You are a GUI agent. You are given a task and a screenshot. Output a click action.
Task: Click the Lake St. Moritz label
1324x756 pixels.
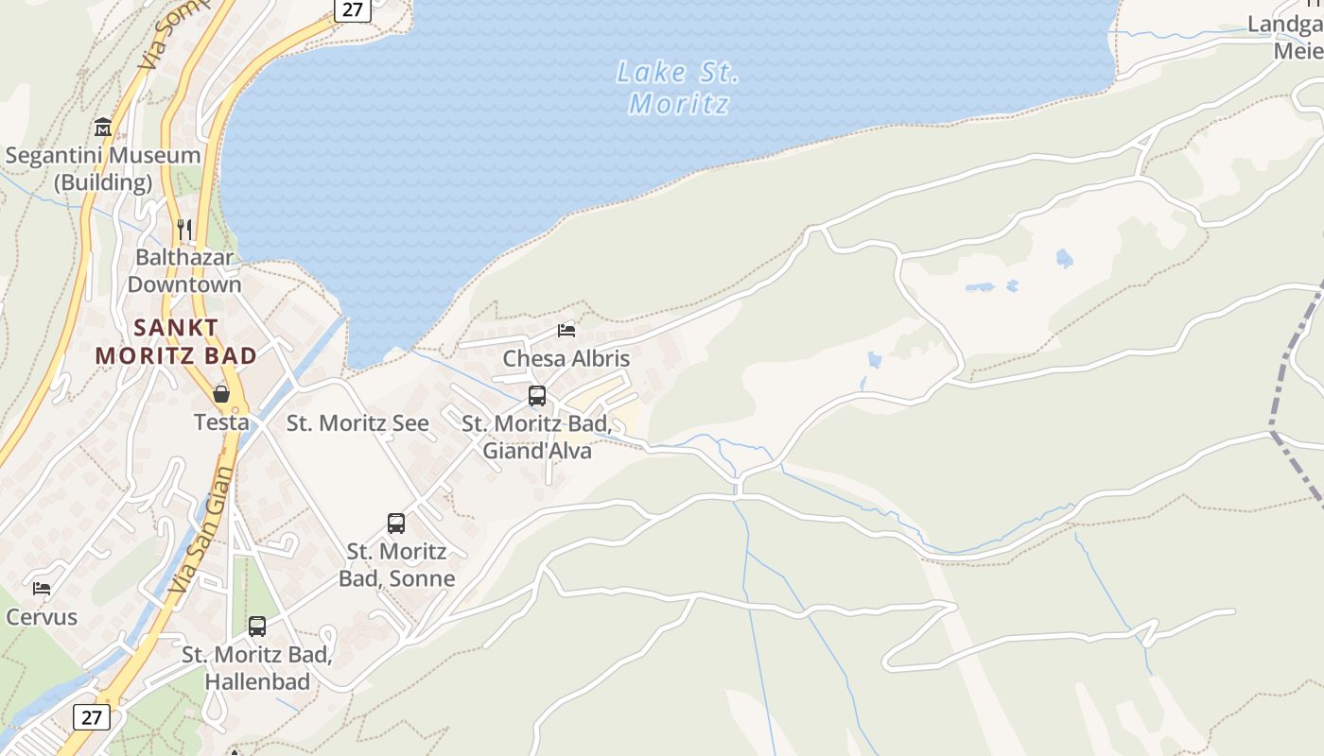677,88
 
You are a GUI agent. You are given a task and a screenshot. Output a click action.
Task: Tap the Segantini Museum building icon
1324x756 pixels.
103,128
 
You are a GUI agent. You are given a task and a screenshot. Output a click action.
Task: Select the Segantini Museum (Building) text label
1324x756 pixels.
103,168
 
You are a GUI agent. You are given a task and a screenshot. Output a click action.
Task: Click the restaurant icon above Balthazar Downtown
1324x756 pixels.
184,229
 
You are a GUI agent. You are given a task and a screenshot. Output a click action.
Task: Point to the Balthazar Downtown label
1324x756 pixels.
184,270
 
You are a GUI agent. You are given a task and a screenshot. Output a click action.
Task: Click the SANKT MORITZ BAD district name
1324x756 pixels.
177,341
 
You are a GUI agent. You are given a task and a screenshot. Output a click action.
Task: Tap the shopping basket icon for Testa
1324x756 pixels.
221,394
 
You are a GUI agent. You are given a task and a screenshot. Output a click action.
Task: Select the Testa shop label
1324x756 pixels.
221,421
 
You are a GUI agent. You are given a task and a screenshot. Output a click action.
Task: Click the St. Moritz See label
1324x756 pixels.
357,422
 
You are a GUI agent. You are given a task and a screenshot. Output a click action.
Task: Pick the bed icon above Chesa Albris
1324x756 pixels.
566,330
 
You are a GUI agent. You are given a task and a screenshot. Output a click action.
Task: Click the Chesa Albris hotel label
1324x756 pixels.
566,358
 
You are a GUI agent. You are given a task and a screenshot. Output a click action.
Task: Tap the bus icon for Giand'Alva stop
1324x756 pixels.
537,396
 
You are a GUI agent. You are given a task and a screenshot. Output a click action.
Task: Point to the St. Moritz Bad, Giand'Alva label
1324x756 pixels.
537,437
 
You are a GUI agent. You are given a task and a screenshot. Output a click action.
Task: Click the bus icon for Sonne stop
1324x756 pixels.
396,523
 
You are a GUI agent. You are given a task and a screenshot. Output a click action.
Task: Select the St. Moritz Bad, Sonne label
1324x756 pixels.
397,564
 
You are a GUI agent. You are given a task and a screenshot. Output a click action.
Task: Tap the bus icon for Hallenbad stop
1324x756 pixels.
257,626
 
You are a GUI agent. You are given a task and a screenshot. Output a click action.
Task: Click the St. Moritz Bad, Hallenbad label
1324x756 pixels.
257,667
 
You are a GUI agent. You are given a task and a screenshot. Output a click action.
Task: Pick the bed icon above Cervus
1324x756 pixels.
42,588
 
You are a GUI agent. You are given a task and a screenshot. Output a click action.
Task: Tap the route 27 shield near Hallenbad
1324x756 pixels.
91,717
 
